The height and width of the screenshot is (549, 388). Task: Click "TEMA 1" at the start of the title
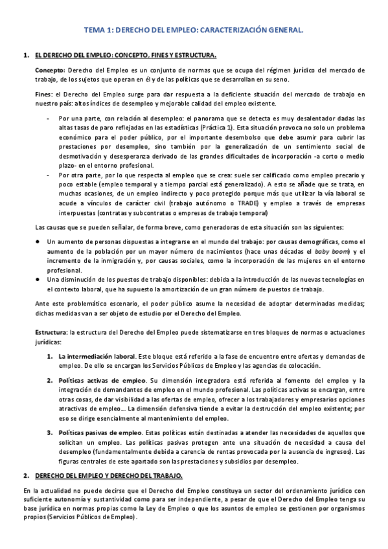click(x=100, y=30)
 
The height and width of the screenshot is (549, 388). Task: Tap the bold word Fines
click(x=43, y=95)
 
